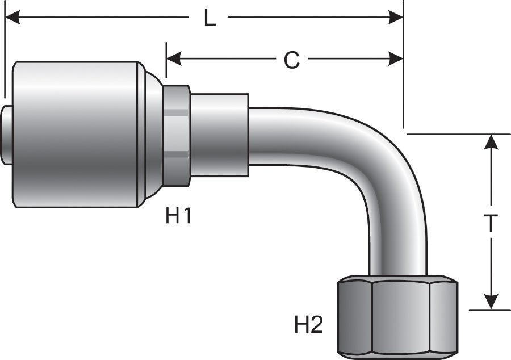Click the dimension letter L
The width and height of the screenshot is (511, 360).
(210, 18)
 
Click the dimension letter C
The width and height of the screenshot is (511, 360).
(291, 59)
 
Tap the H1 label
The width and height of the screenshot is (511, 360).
(178, 216)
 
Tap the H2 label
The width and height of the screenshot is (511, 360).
(308, 325)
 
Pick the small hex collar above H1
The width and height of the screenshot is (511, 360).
(177, 135)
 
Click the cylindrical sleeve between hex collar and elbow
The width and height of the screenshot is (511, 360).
(219, 135)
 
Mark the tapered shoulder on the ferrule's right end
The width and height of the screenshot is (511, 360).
(152, 134)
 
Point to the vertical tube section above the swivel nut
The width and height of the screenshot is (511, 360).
(398, 244)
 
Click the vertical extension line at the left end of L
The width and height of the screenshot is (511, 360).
(5, 57)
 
